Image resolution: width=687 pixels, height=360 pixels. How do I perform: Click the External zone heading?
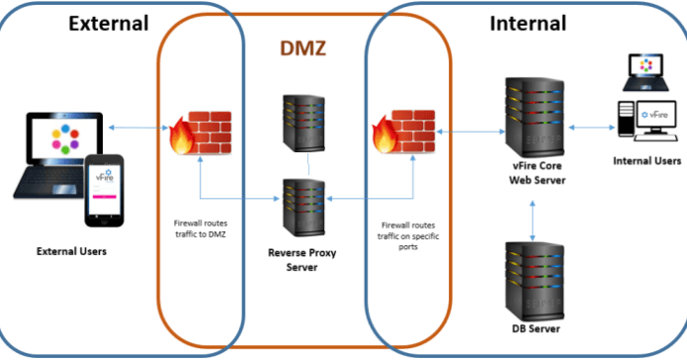pyautogui.click(x=108, y=23)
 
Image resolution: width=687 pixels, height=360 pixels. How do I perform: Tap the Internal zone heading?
pyautogui.click(x=528, y=23)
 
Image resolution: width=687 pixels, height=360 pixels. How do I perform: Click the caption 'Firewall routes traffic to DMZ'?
pyautogui.click(x=200, y=228)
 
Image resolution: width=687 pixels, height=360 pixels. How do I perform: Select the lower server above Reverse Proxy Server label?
pyautogui.click(x=305, y=203)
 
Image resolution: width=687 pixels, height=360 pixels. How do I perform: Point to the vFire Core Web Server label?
pyautogui.click(x=534, y=174)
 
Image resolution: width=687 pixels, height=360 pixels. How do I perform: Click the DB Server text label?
pyautogui.click(x=535, y=329)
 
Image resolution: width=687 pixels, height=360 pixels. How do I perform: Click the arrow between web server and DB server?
pyautogui.click(x=535, y=216)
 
